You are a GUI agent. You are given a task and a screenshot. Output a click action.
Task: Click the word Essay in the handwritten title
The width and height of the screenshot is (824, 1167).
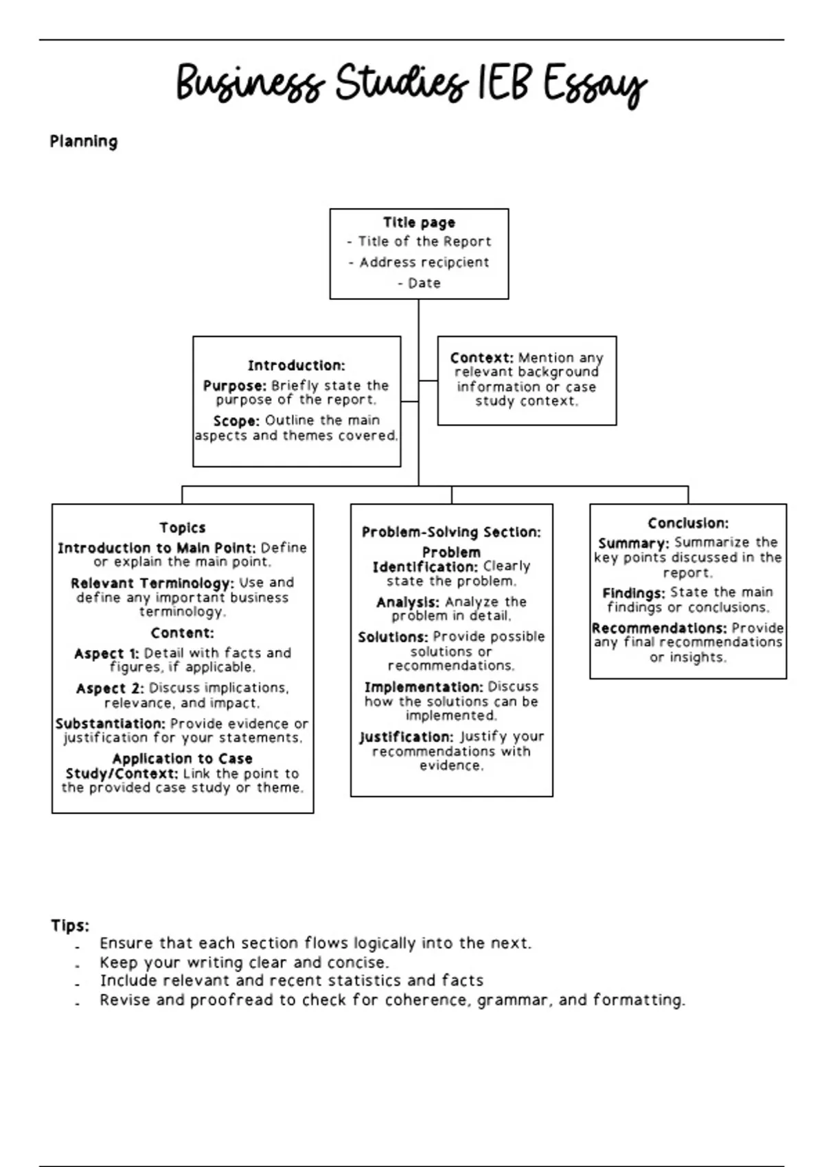tap(595, 85)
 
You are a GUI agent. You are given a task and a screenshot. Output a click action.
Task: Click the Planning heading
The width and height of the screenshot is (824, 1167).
tap(84, 142)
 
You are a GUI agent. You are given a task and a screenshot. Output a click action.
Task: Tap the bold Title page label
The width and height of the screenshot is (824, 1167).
tap(419, 222)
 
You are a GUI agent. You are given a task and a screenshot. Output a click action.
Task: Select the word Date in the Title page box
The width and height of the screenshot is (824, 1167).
tap(424, 283)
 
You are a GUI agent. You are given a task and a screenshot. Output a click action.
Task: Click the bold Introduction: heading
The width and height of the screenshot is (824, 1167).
tap(297, 365)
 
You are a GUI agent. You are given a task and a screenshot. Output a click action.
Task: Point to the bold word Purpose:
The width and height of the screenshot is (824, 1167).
tap(235, 386)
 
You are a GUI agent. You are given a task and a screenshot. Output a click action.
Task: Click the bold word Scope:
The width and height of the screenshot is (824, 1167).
tap(236, 421)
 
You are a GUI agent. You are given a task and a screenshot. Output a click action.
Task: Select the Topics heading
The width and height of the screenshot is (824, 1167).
tap(183, 527)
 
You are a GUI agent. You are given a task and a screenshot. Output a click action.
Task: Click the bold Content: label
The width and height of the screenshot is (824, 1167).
tap(183, 633)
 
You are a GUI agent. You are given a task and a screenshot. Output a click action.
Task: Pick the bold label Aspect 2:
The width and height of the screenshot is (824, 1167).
tap(110, 689)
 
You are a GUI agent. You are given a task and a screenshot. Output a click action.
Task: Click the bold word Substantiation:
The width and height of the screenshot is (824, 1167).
tap(111, 724)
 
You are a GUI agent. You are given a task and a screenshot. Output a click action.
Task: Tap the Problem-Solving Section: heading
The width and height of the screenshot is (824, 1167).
tap(451, 532)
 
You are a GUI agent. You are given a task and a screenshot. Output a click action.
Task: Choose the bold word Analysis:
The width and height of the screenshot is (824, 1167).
tap(408, 602)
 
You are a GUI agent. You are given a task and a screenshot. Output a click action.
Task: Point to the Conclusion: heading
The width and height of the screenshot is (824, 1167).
tap(688, 523)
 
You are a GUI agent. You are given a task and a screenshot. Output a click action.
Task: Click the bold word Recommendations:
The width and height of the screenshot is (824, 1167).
tap(659, 628)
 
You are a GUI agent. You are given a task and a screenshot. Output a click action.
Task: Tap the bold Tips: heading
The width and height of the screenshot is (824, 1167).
tap(70, 925)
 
